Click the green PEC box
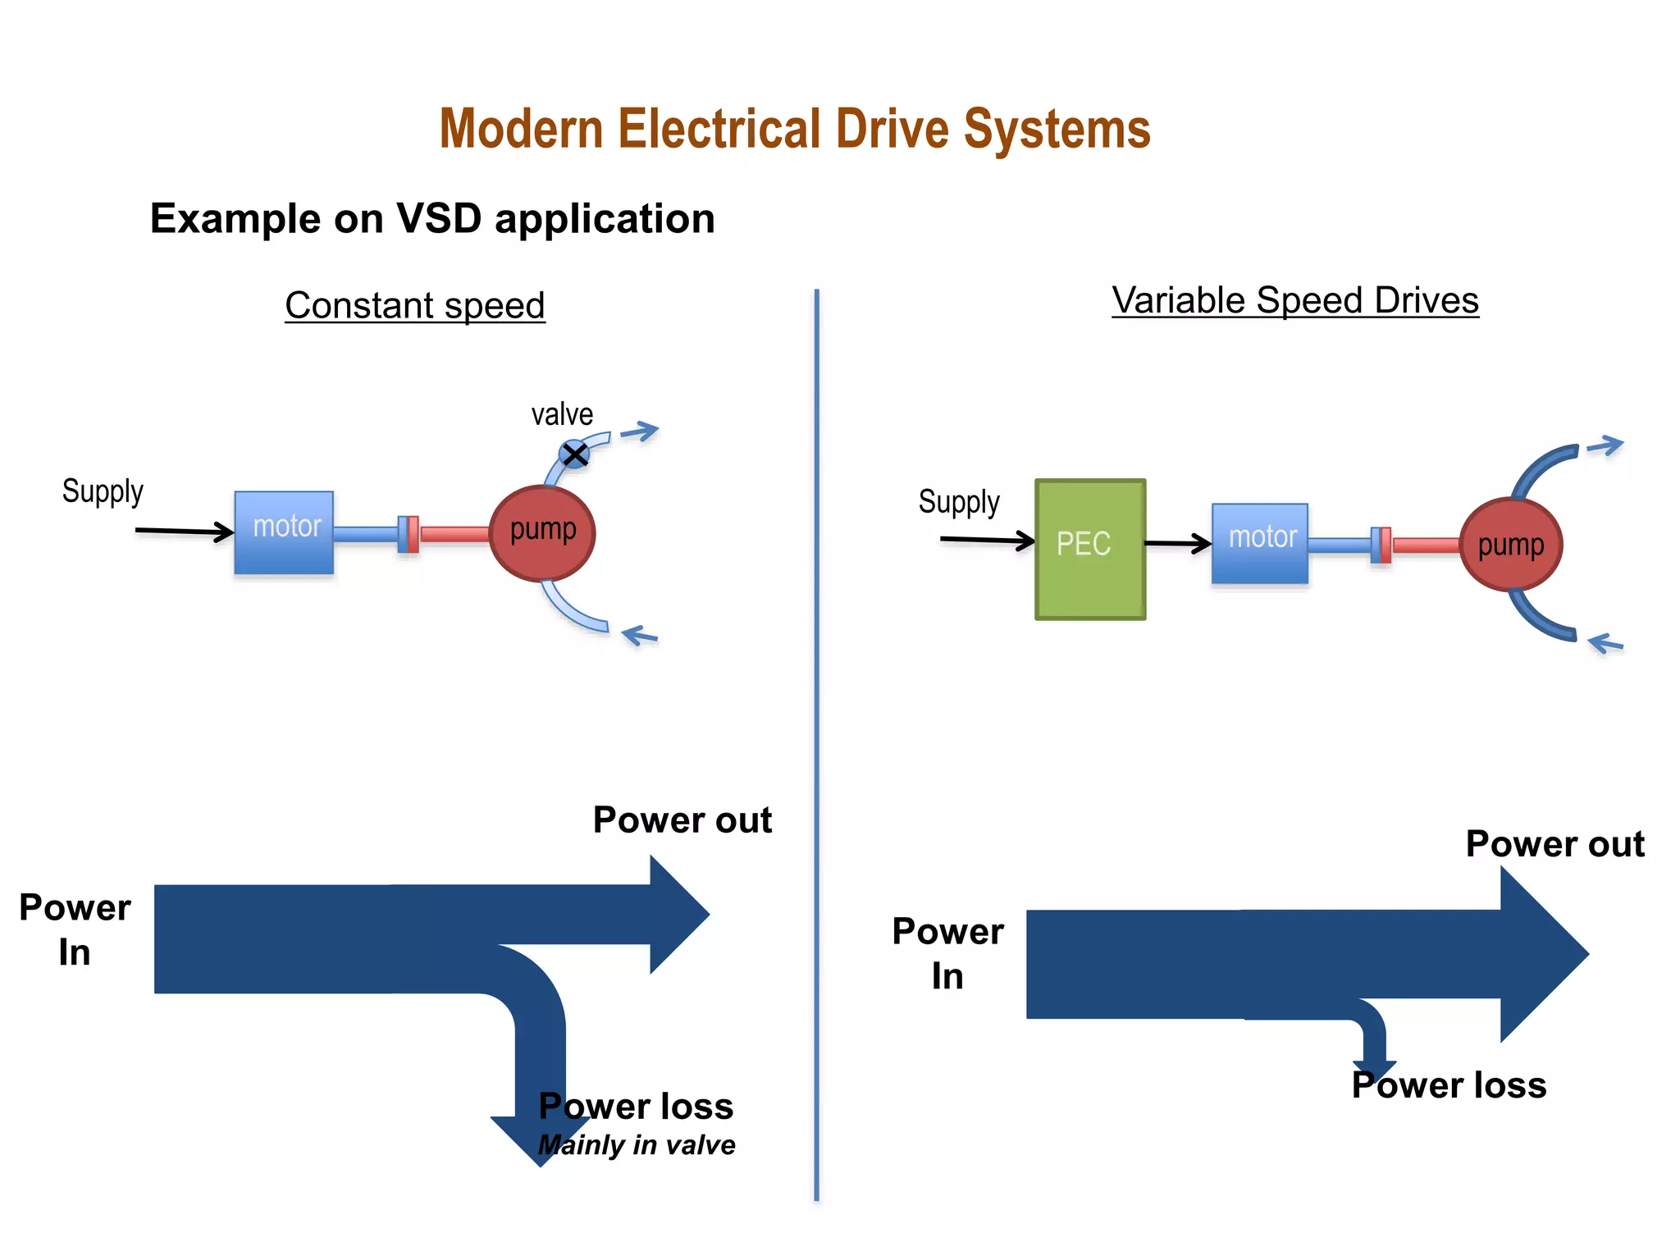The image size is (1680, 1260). point(1090,549)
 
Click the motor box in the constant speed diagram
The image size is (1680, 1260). point(284,532)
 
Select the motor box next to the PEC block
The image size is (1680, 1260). point(1260,543)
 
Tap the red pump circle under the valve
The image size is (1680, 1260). point(542,533)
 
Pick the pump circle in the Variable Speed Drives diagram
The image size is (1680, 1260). point(1511,545)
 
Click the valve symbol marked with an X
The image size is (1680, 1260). point(574,454)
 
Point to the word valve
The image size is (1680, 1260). point(562,414)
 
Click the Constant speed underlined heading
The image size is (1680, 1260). point(415,305)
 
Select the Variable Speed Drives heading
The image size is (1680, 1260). point(1295,300)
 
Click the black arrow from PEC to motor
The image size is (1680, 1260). point(1178,542)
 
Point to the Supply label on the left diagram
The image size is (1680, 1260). point(103,491)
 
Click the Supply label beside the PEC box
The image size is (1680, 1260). point(959,502)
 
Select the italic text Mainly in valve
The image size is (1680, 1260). point(637,1145)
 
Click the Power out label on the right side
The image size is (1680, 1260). point(1554,844)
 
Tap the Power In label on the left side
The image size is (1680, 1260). point(75,929)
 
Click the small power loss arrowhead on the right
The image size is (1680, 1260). point(1375,1069)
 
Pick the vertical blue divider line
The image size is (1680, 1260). point(817,738)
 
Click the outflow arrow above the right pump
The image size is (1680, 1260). point(1605,446)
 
